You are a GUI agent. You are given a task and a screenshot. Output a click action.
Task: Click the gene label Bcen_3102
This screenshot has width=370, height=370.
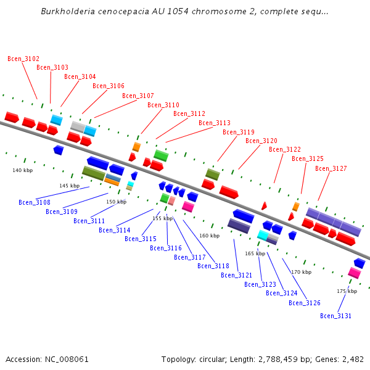pyautogui.click(x=23, y=59)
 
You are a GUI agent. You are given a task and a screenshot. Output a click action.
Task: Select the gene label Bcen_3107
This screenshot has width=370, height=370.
pyautogui.click(x=138, y=96)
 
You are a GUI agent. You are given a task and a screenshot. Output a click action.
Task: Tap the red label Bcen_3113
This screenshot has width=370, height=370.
pyautogui.click(x=215, y=123)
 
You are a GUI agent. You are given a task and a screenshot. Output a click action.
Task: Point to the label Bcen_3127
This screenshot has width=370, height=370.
pyautogui.click(x=331, y=168)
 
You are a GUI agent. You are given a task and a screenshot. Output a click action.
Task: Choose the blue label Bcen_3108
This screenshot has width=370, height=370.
pyautogui.click(x=35, y=202)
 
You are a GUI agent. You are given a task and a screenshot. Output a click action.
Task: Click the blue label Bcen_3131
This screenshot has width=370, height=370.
pyautogui.click(x=336, y=316)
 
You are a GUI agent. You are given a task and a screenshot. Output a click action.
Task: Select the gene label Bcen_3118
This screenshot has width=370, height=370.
pyautogui.click(x=213, y=266)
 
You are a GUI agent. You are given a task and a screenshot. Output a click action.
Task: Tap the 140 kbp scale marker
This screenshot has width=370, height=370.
pyautogui.click(x=22, y=170)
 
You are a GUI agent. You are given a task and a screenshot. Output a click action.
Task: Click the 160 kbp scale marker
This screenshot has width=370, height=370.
pyautogui.click(x=209, y=236)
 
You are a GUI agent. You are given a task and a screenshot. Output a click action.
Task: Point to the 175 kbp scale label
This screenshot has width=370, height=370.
pyautogui.click(x=347, y=291)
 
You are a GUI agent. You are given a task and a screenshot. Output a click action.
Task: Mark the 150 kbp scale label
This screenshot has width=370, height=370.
pyautogui.click(x=116, y=202)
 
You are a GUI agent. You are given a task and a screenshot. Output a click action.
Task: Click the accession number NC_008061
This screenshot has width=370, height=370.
pyautogui.click(x=68, y=359)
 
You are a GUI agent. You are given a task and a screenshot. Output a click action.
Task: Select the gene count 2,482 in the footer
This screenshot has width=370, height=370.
pyautogui.click(x=351, y=359)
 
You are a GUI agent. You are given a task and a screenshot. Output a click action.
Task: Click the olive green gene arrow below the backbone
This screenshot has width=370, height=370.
pyautogui.click(x=93, y=173)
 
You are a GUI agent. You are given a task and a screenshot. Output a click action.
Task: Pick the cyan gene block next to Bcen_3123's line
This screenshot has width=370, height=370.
pyautogui.click(x=263, y=235)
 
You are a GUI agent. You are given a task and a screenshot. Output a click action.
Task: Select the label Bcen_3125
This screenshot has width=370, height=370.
pyautogui.click(x=308, y=158)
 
